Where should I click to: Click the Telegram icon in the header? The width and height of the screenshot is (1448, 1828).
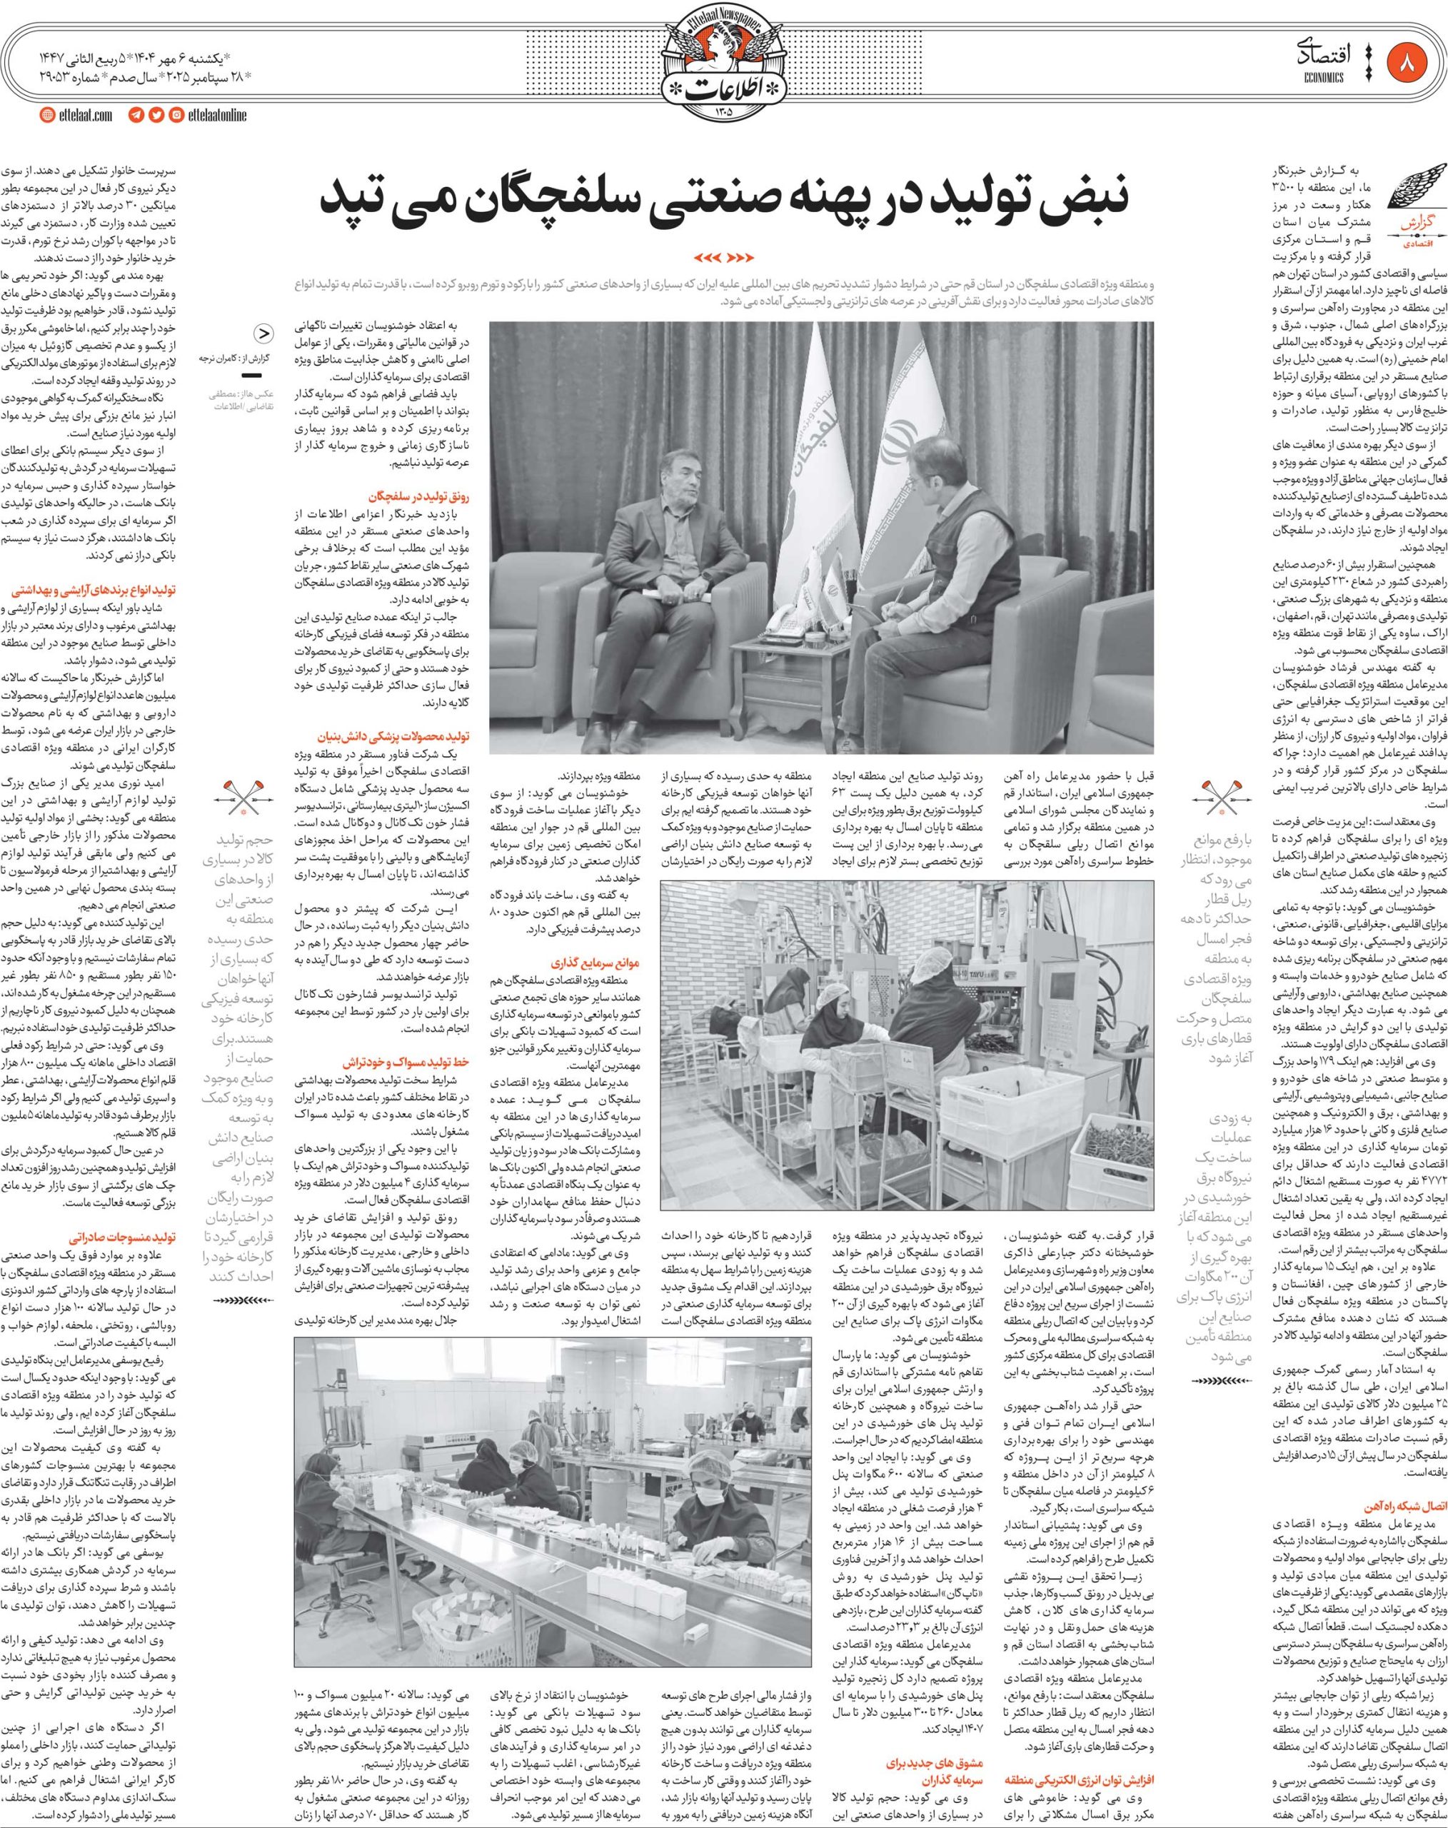point(136,115)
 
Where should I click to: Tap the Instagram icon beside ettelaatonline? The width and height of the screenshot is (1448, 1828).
point(176,115)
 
